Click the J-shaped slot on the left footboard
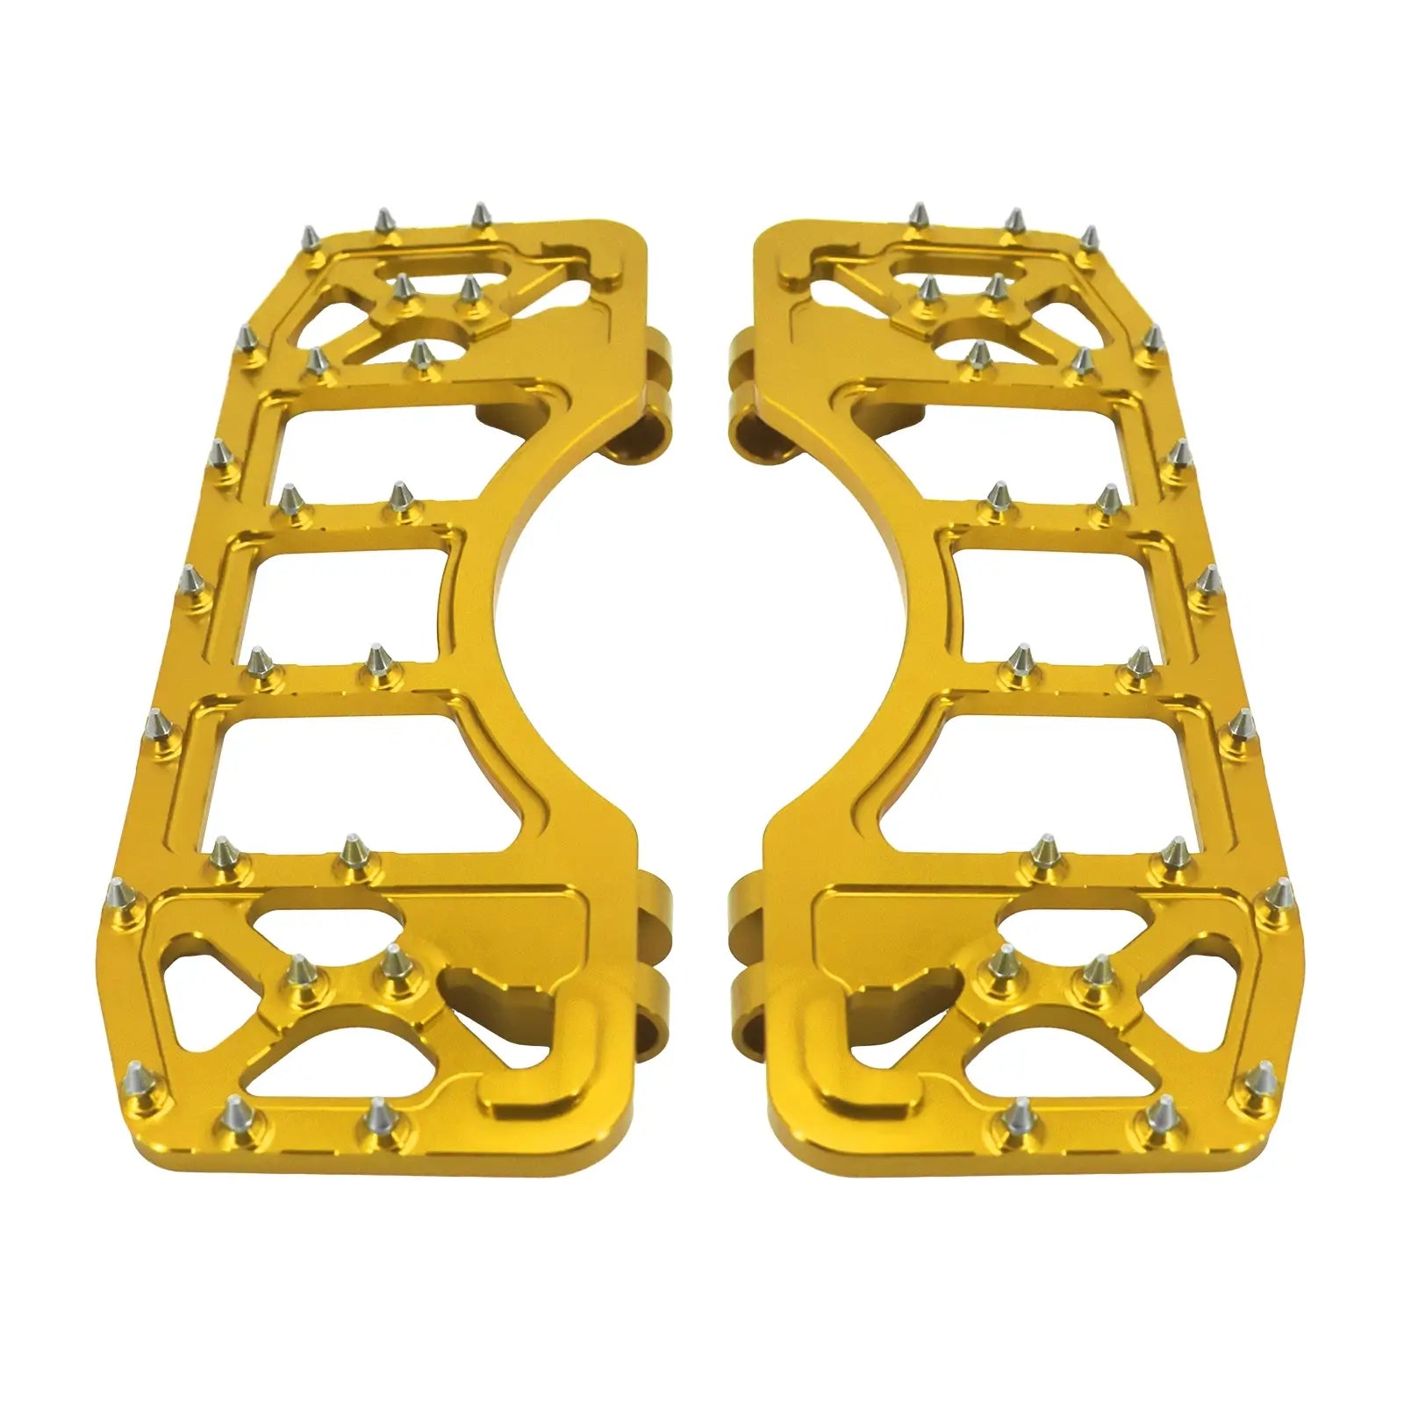(518, 1027)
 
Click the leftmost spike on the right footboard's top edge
(919, 219)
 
